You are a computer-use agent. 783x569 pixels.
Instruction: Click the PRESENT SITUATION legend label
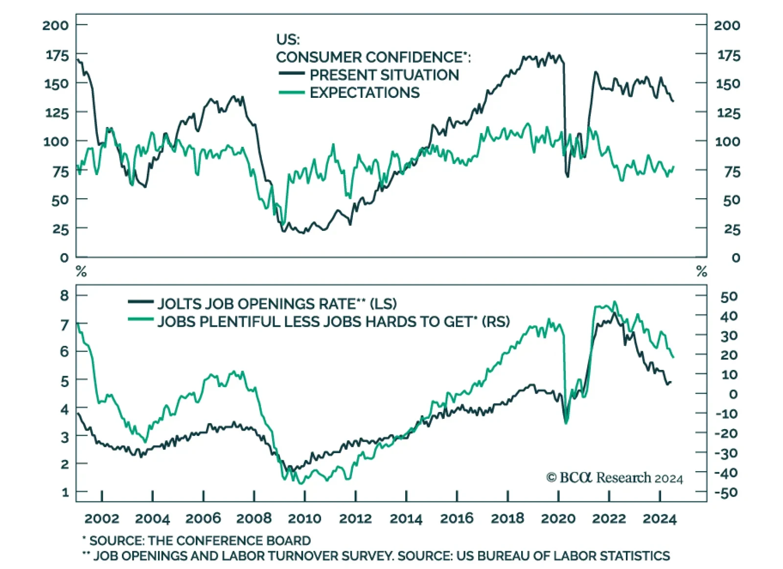click(384, 75)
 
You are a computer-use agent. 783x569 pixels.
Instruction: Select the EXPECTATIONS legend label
click(365, 92)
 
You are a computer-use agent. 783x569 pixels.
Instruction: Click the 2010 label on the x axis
click(304, 519)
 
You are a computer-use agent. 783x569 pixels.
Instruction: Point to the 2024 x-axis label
click(659, 519)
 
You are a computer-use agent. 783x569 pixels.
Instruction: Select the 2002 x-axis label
click(102, 519)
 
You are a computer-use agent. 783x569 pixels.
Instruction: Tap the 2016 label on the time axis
click(457, 519)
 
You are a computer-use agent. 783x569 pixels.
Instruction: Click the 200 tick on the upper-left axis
click(55, 25)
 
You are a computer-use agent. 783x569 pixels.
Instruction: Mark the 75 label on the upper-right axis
click(732, 172)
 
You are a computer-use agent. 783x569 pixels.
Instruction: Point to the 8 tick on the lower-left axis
click(65, 296)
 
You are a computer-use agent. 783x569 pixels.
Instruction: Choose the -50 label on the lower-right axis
click(727, 492)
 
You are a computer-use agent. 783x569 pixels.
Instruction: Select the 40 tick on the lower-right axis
click(729, 316)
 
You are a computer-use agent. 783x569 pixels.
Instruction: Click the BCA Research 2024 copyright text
click(614, 478)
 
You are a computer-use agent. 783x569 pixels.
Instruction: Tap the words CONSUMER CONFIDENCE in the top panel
click(369, 57)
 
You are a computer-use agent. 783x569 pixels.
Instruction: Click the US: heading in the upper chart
click(288, 39)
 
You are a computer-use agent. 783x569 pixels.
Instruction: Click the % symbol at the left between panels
click(81, 271)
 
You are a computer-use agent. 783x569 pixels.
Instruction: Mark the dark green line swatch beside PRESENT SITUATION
click(292, 74)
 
